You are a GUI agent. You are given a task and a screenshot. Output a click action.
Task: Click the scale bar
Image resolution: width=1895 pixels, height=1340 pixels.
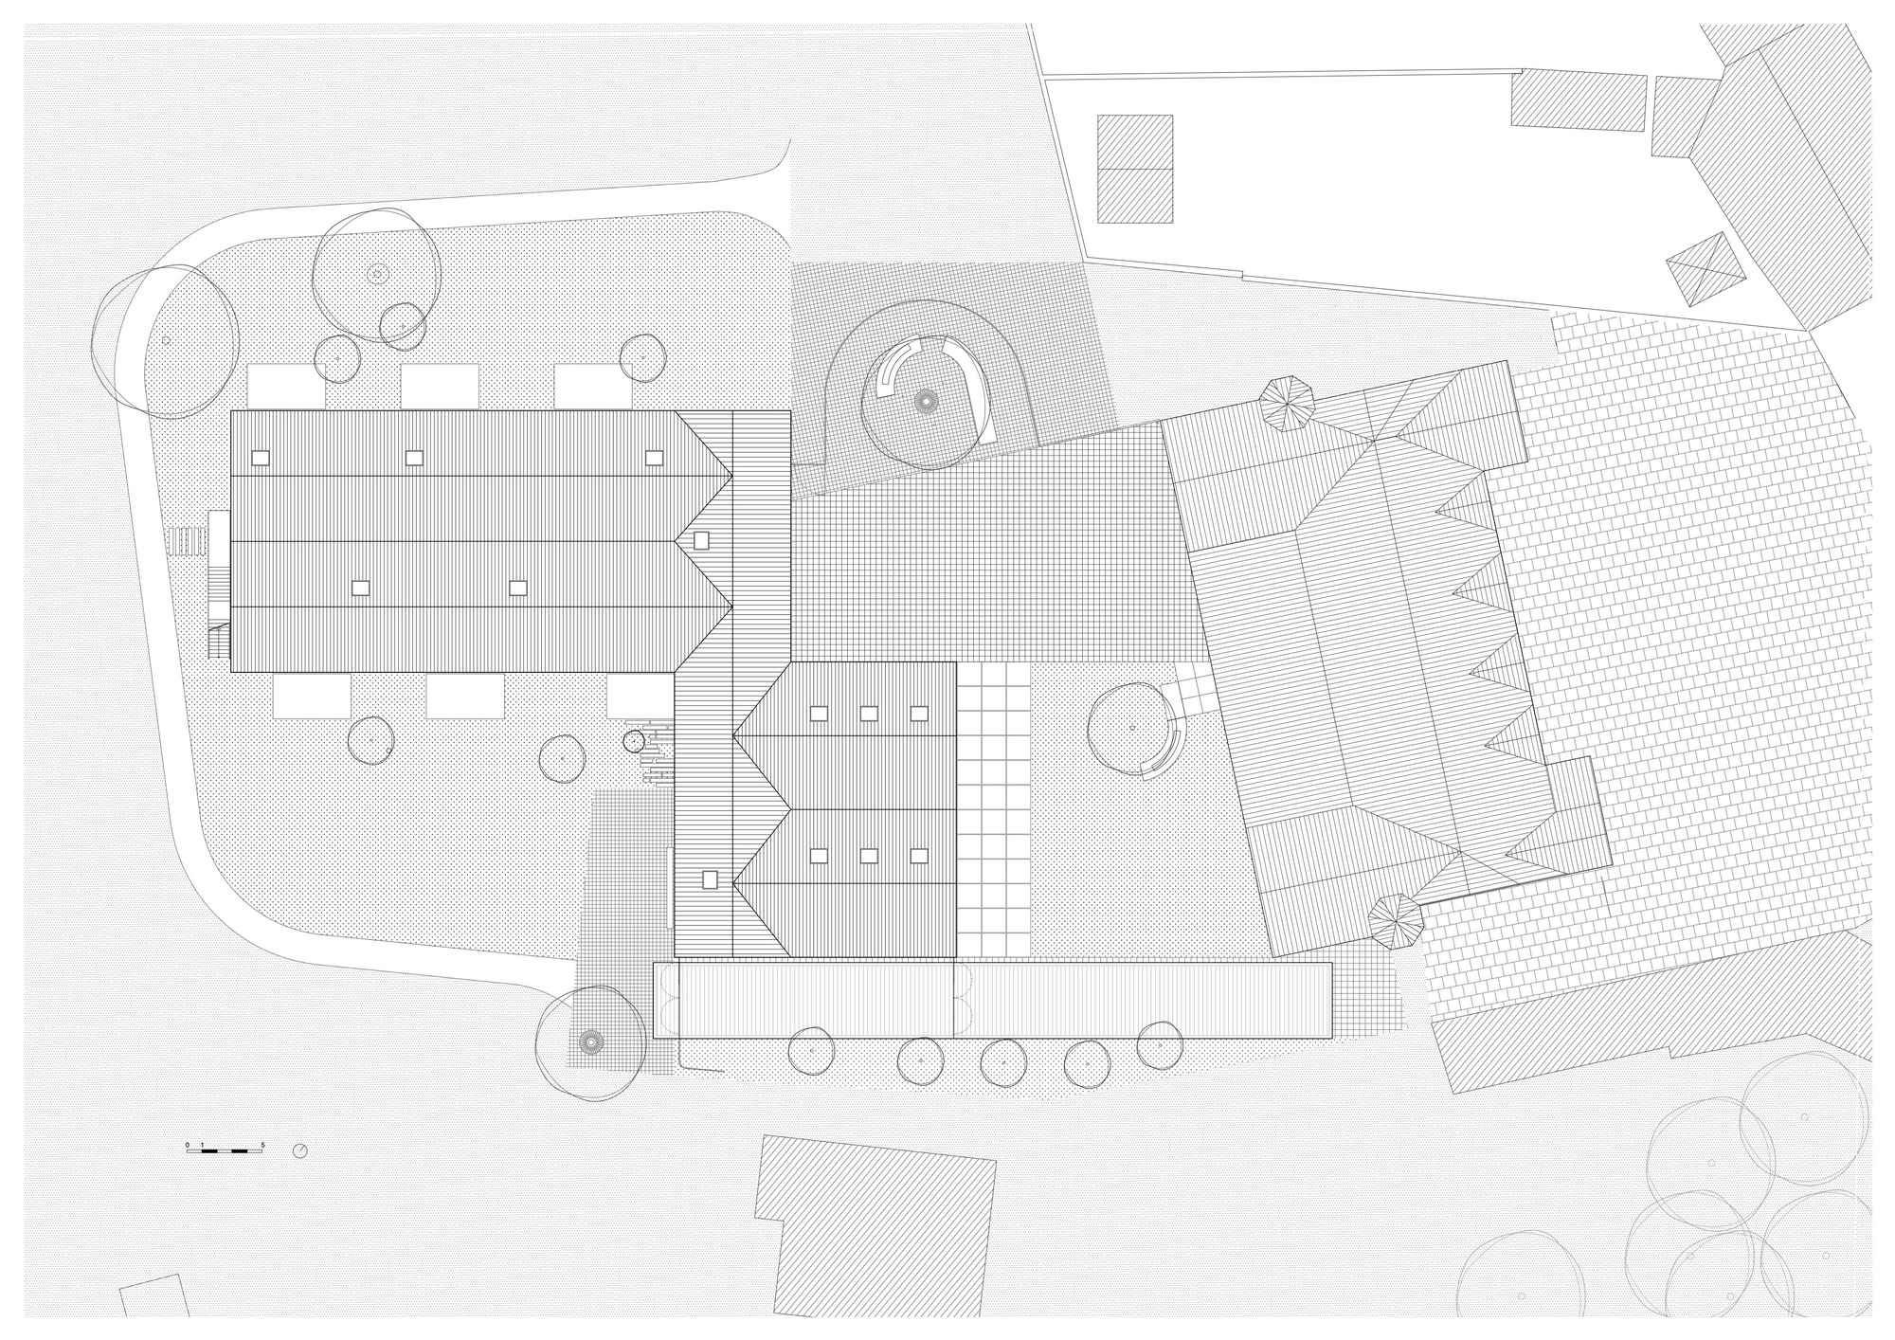point(225,1150)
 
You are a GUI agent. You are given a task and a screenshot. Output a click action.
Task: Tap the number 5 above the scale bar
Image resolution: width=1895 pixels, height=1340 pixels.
point(262,1145)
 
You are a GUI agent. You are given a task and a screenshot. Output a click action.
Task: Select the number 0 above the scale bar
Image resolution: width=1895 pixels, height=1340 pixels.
point(188,1145)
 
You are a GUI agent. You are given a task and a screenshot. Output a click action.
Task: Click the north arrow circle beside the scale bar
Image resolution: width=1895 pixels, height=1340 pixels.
point(300,1150)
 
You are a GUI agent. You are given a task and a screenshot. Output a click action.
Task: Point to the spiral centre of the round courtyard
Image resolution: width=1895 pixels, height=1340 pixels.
point(925,402)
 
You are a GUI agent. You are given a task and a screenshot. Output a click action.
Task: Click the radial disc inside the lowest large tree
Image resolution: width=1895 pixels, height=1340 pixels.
point(589,1042)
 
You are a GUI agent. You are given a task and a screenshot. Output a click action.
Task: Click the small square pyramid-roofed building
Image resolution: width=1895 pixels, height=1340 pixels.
point(1705,270)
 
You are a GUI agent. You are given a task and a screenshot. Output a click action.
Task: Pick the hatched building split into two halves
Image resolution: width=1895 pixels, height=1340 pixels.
point(1135,169)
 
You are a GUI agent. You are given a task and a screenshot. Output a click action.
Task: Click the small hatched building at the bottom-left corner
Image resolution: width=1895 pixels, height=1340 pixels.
point(154,1295)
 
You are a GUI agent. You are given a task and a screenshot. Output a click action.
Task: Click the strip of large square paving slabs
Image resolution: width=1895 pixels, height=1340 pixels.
point(993,806)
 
